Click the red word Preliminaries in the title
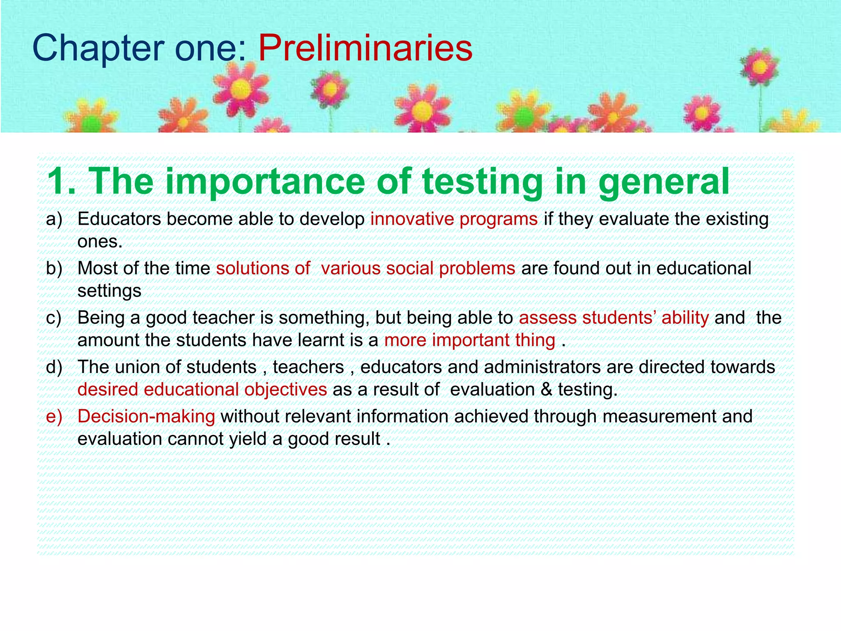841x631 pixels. coord(365,48)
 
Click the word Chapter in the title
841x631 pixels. coord(98,48)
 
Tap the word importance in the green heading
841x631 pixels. coord(267,182)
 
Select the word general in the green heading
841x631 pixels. coord(664,182)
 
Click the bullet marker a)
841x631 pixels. coord(54,219)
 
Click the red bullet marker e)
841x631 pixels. coord(54,417)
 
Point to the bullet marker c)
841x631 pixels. coord(54,318)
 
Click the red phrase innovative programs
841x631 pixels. coord(454,219)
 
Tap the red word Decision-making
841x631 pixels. coord(146,417)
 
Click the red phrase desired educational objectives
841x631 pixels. coord(202,389)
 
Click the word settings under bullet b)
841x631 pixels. coord(109,291)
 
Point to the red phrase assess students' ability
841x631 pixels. coord(614,318)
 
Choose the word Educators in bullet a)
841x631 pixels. coord(119,219)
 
